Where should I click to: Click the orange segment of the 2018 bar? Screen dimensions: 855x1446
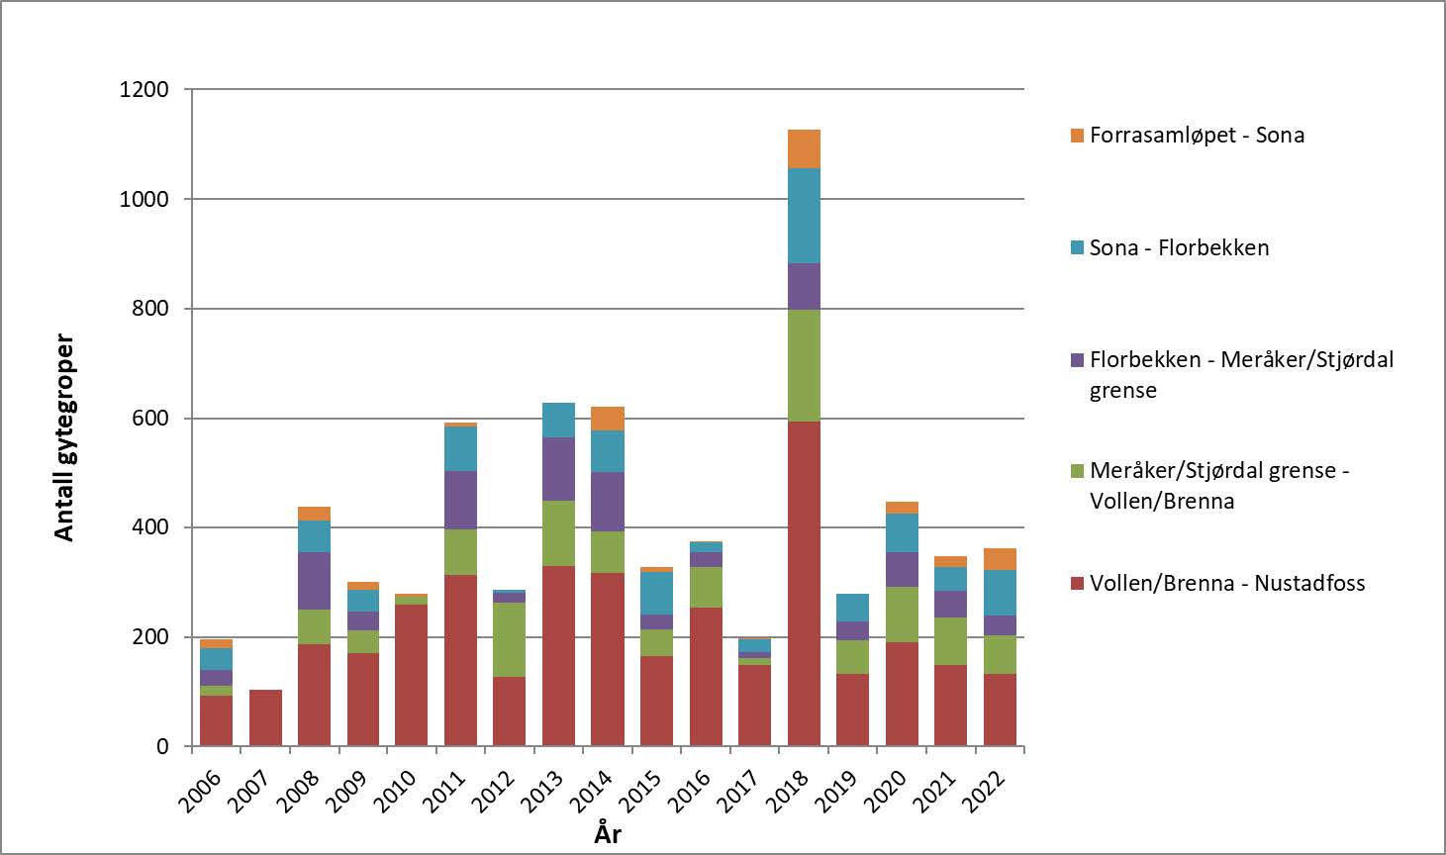804,148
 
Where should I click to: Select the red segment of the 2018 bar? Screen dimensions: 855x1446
804,584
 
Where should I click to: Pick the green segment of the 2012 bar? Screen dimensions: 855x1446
510,639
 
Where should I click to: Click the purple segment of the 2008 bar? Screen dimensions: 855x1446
315,581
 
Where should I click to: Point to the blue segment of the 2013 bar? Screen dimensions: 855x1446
558,421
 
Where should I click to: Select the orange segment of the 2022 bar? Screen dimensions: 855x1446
1000,559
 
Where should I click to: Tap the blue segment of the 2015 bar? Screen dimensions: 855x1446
656,593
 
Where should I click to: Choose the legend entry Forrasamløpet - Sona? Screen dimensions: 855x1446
1196,136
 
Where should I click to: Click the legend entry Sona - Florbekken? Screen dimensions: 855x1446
1178,248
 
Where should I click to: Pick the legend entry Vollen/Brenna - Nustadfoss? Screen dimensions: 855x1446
1226,584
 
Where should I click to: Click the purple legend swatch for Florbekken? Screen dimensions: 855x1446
1078,360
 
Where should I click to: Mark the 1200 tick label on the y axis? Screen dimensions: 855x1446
145,90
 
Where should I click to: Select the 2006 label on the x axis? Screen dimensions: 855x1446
204,792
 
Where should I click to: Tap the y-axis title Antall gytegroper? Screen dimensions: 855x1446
64,438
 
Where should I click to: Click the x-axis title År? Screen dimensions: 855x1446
608,833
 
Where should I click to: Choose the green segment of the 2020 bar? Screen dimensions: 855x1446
902,615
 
